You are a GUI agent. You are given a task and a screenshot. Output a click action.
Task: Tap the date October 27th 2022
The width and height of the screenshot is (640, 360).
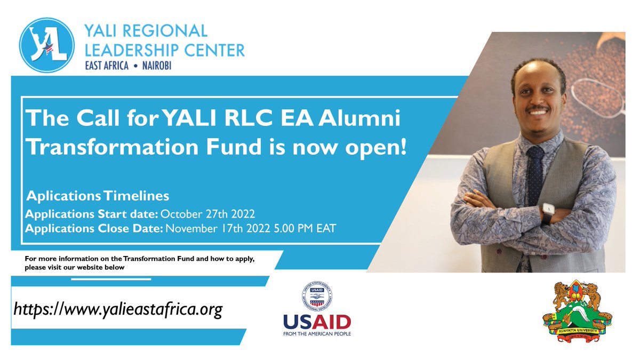pos(208,214)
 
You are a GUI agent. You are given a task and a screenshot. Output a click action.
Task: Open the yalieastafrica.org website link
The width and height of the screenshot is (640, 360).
pos(117,308)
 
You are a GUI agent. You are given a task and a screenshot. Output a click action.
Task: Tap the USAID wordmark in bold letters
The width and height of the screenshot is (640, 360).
pos(317,322)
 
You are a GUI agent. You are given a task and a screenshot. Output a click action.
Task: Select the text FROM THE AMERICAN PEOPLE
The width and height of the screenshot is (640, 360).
pos(317,334)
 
